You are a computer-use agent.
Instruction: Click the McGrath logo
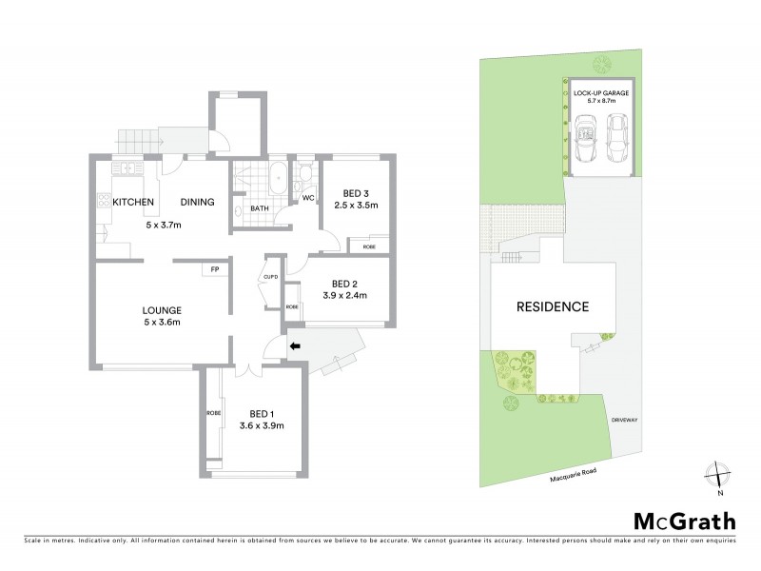pyautogui.click(x=685, y=522)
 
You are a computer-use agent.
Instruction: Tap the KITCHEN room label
pyautogui.click(x=133, y=202)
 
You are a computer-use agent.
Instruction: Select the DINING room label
pyautogui.click(x=197, y=202)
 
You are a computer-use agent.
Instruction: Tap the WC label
pyautogui.click(x=308, y=197)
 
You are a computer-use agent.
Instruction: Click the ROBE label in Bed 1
pyautogui.click(x=212, y=414)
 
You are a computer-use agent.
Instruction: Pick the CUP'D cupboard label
pyautogui.click(x=269, y=277)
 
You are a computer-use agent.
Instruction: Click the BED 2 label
pyautogui.click(x=344, y=284)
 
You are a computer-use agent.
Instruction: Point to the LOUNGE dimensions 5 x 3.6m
pyautogui.click(x=162, y=323)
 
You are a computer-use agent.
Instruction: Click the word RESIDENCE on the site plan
pyautogui.click(x=553, y=306)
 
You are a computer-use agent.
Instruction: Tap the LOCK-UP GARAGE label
pyautogui.click(x=601, y=92)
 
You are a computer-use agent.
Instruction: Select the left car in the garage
pyautogui.click(x=583, y=139)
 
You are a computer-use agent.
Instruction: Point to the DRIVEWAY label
pyautogui.click(x=624, y=419)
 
